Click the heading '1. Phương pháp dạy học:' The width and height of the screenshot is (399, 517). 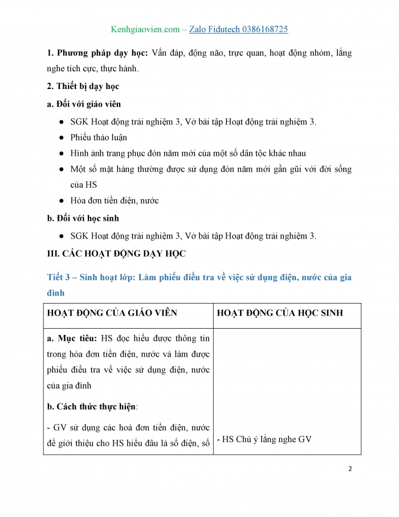[x=97, y=53]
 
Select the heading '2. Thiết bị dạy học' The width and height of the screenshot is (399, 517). [x=83, y=86]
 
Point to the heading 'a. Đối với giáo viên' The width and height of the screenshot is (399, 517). [x=84, y=104]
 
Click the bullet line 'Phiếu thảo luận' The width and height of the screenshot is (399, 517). [x=99, y=137]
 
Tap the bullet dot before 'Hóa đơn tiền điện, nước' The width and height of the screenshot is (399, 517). [x=62, y=201]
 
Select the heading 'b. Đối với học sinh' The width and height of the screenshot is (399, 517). [x=83, y=218]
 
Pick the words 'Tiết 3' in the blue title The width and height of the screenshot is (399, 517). [x=58, y=277]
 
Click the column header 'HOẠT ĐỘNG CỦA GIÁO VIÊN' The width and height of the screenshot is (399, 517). [x=112, y=313]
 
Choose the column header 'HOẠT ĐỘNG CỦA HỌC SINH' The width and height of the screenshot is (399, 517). [x=280, y=313]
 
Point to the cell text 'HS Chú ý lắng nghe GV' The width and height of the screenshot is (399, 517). [x=265, y=439]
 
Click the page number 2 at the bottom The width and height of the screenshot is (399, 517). [x=350, y=468]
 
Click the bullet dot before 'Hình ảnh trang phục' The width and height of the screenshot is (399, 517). [x=62, y=154]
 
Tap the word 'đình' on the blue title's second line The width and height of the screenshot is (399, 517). [x=56, y=292]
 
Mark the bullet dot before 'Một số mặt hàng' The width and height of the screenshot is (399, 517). [x=62, y=169]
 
